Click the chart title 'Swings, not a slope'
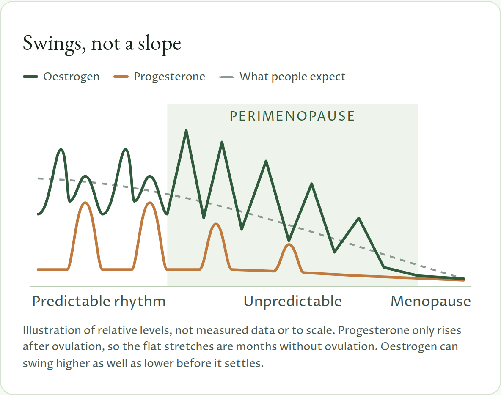tap(102, 44)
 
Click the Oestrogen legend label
tap(71, 77)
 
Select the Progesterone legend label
tap(169, 77)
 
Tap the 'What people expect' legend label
tap(292, 77)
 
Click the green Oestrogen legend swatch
tap(30, 77)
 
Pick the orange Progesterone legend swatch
tap(121, 77)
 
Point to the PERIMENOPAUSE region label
tap(292, 116)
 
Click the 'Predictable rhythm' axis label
tap(99, 302)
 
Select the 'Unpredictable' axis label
tap(293, 302)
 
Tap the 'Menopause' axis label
tap(431, 302)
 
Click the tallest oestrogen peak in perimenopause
tap(186, 131)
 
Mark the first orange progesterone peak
tap(85, 203)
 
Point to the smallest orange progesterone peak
tap(289, 244)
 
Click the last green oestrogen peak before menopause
tap(359, 218)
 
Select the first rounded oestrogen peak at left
tap(61, 149)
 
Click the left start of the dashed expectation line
tap(39, 178)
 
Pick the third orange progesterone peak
tap(216, 224)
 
